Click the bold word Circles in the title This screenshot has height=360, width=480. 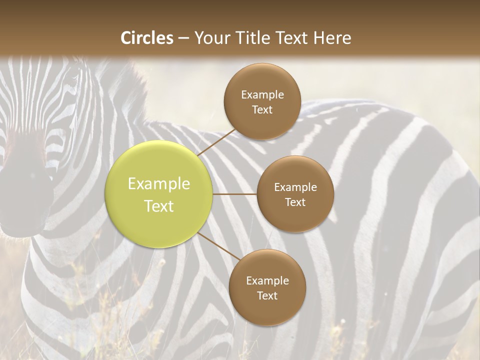click(146, 38)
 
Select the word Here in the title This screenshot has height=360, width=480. click(332, 38)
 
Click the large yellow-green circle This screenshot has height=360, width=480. click(159, 194)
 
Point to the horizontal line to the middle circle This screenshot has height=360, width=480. click(235, 194)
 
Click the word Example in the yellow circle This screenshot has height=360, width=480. click(159, 184)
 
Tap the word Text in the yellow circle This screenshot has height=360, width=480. click(159, 206)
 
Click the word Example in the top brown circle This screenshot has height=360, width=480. click(262, 95)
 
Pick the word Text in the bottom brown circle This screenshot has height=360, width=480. click(267, 295)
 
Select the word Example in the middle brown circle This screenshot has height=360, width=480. click(295, 187)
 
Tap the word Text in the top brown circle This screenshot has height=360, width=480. click(262, 109)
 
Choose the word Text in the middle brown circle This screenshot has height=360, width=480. click(295, 202)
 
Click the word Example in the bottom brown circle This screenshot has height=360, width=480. click(267, 281)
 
